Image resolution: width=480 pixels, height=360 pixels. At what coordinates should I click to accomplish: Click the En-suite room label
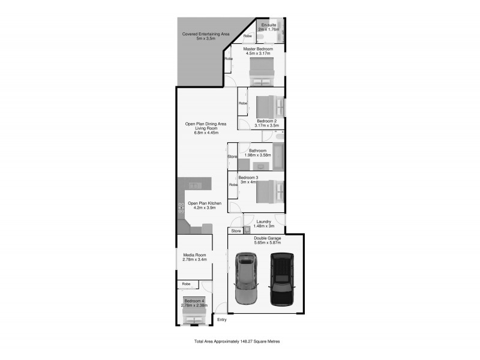click(269, 25)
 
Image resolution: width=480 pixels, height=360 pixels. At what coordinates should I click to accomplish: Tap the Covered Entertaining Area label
click(206, 34)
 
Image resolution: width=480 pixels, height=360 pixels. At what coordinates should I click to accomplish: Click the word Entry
click(222, 320)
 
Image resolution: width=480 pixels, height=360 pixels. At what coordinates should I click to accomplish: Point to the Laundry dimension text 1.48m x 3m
click(264, 226)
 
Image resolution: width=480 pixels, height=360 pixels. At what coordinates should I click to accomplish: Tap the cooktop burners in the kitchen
click(181, 208)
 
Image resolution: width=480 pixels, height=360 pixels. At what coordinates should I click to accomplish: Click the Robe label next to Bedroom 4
click(187, 283)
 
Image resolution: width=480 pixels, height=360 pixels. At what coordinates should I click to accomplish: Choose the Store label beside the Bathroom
click(232, 157)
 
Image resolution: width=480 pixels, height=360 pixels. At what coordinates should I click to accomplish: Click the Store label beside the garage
click(236, 230)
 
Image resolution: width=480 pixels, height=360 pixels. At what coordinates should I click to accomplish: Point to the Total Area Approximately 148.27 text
click(237, 341)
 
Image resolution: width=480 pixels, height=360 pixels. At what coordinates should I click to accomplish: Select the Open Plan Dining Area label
click(206, 124)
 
